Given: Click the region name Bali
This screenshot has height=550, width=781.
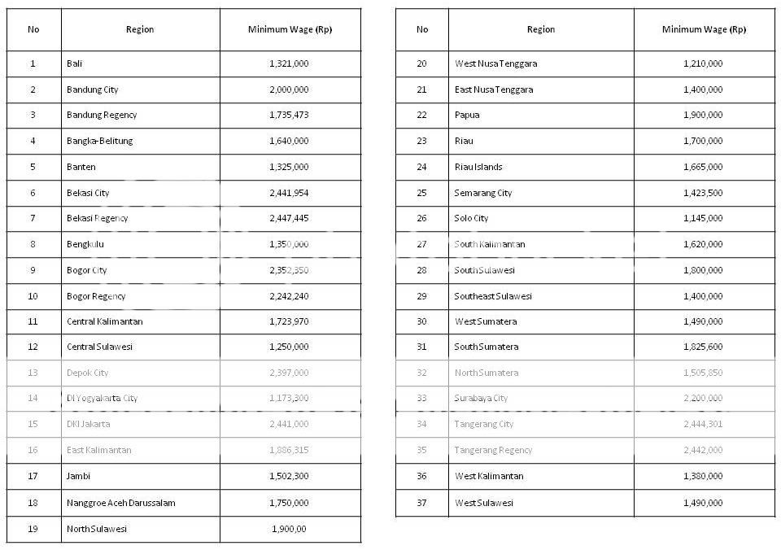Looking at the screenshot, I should click(75, 63).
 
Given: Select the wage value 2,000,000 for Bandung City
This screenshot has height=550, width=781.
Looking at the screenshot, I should click(289, 89).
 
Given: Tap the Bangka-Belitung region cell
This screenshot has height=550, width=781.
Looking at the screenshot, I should click(99, 141).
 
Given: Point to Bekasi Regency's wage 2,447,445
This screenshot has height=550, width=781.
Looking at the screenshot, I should click(289, 218).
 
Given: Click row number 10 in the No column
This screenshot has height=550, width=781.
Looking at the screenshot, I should click(33, 296).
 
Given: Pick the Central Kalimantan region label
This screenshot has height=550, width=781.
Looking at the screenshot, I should click(104, 321).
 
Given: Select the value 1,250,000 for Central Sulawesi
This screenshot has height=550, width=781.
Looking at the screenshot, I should click(289, 347).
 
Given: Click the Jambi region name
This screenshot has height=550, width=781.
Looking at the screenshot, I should click(79, 476).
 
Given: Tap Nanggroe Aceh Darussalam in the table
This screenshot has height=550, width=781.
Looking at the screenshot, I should click(120, 503).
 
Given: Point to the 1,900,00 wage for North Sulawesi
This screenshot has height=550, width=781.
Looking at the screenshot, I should click(289, 529).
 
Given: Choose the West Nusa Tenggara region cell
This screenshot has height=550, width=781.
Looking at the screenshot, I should click(495, 63).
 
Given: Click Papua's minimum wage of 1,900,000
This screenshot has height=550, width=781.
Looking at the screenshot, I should click(703, 115).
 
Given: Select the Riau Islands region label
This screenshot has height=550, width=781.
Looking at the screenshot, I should click(478, 167).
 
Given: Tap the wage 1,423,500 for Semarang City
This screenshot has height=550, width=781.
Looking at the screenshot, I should click(703, 193).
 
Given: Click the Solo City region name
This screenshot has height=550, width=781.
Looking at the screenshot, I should click(471, 218).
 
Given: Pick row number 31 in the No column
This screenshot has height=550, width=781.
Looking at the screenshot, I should click(421, 347).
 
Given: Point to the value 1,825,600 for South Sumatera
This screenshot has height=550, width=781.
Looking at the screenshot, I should click(703, 347).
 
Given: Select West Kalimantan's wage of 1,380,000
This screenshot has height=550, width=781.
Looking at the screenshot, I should click(703, 476).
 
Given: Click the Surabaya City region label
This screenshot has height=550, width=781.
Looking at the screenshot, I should click(481, 399).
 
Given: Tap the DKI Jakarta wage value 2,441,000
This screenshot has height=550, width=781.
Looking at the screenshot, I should click(289, 424).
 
